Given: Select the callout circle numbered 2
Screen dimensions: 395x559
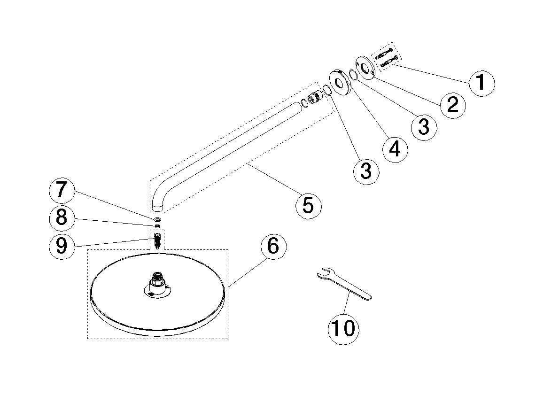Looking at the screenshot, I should pyautogui.click(x=452, y=104).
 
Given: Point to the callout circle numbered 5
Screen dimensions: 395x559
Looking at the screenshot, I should pyautogui.click(x=308, y=205).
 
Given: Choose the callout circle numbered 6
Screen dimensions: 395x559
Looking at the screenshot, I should pyautogui.click(x=273, y=246).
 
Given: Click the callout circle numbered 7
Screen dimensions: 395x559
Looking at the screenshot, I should pyautogui.click(x=62, y=191).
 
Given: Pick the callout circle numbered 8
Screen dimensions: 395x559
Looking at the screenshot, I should pyautogui.click(x=62, y=218).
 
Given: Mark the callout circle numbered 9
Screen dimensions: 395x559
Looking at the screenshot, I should pyautogui.click(x=62, y=246).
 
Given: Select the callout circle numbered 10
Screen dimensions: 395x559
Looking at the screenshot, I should pyautogui.click(x=343, y=328).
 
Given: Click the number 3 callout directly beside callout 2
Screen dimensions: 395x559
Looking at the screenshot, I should pyautogui.click(x=424, y=126).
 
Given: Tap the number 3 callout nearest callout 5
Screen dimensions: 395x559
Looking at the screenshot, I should pyautogui.click(x=366, y=170).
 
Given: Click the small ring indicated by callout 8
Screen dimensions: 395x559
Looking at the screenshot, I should pyautogui.click(x=157, y=226).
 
